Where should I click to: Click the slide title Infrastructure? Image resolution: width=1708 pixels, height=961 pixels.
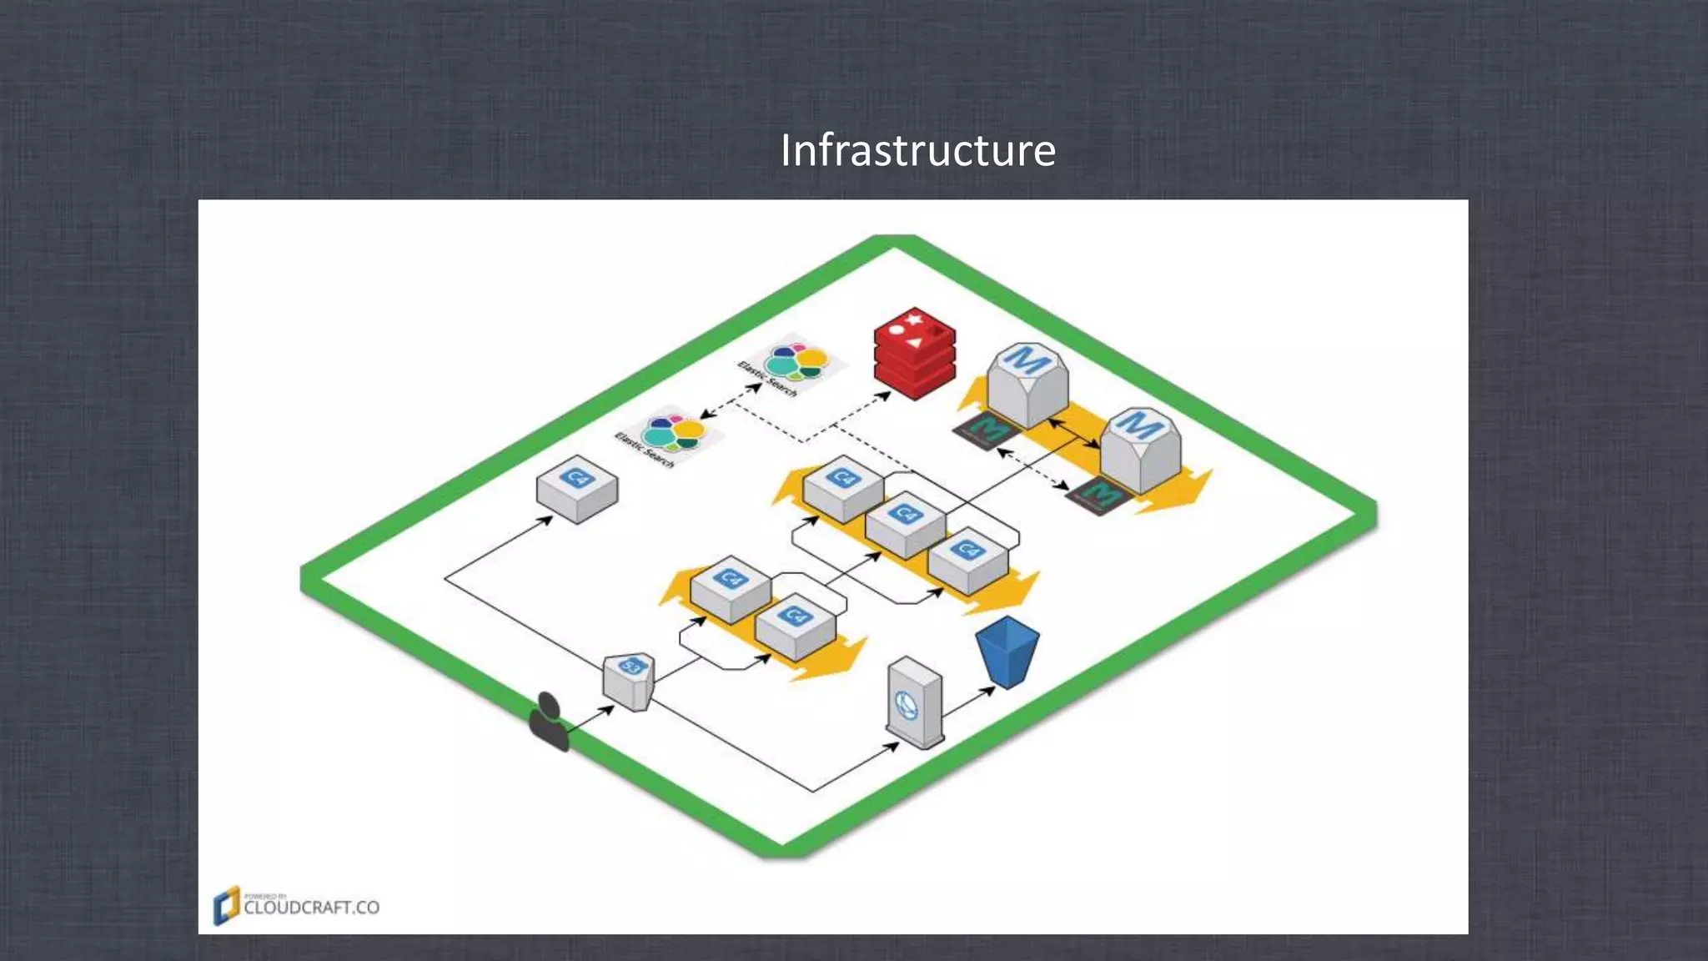tap(917, 151)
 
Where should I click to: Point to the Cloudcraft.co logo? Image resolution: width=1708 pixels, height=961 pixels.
tap(297, 906)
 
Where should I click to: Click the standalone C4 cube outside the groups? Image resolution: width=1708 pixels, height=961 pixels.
tap(577, 488)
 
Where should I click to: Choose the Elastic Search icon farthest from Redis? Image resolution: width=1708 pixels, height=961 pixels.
tap(669, 436)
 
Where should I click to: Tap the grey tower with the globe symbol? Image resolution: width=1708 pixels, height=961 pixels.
tap(914, 702)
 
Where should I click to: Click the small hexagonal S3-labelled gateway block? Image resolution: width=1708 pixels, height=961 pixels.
tap(629, 680)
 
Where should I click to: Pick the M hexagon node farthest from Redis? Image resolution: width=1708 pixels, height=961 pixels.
tap(1140, 449)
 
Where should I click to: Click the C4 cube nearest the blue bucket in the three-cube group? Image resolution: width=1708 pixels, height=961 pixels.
tap(967, 560)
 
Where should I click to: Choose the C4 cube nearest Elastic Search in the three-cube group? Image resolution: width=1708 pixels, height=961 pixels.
tap(843, 489)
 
